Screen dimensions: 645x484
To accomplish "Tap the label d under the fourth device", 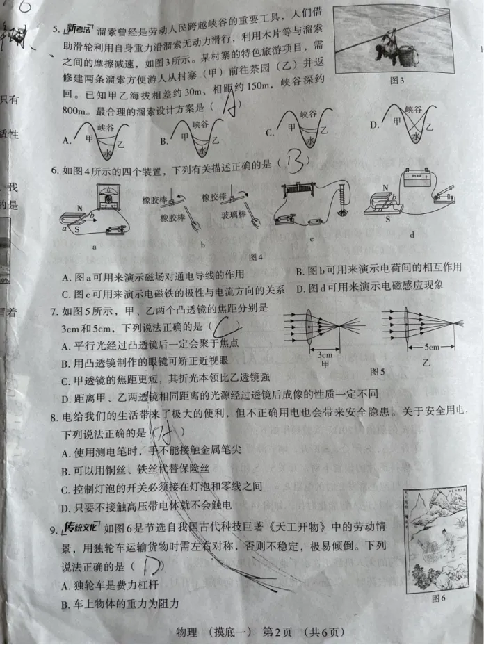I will (x=412, y=234).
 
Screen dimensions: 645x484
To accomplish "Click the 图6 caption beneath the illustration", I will (x=438, y=597).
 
